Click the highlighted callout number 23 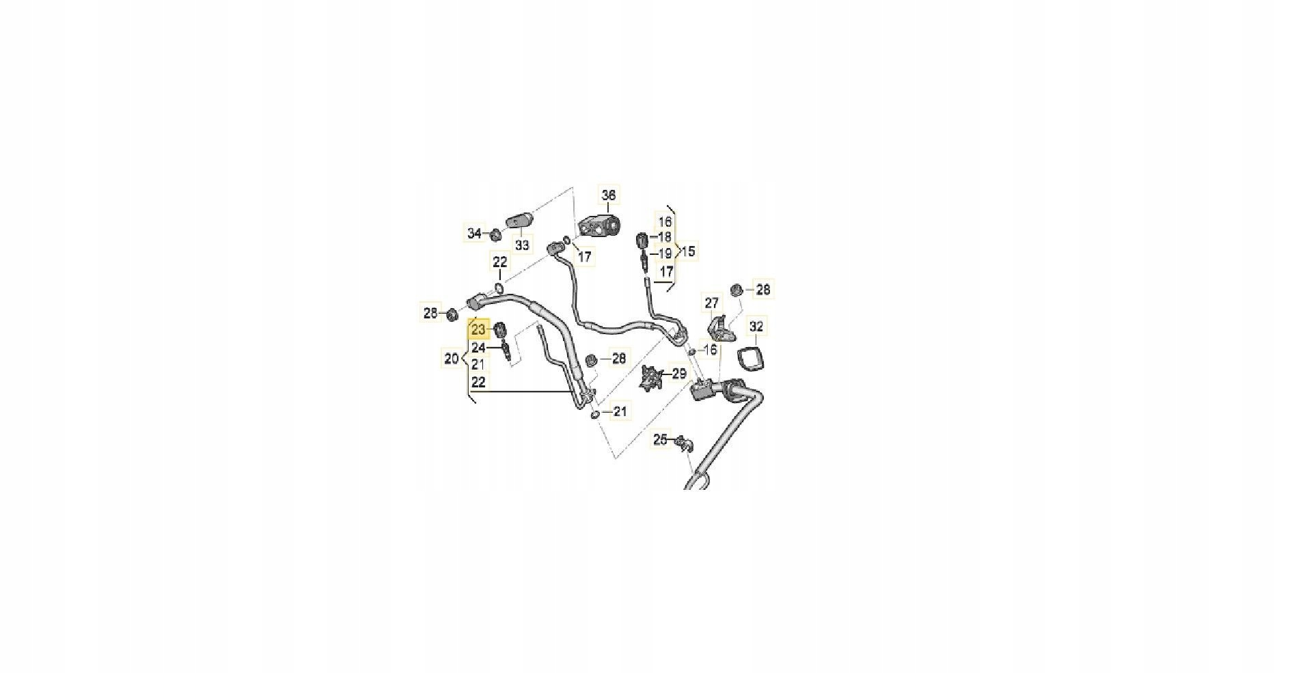click(478, 330)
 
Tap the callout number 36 click(608, 195)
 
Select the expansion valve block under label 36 click(599, 225)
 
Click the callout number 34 click(474, 234)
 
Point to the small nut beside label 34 click(495, 236)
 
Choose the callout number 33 click(522, 245)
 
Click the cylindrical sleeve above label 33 click(519, 221)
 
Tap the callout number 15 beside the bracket click(688, 251)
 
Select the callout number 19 click(665, 254)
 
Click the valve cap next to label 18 click(642, 241)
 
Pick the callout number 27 click(712, 303)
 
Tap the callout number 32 click(756, 327)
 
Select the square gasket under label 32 click(751, 359)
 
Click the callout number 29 click(678, 374)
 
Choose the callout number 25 click(660, 439)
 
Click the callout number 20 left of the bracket click(452, 359)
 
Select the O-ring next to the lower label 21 click(596, 414)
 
